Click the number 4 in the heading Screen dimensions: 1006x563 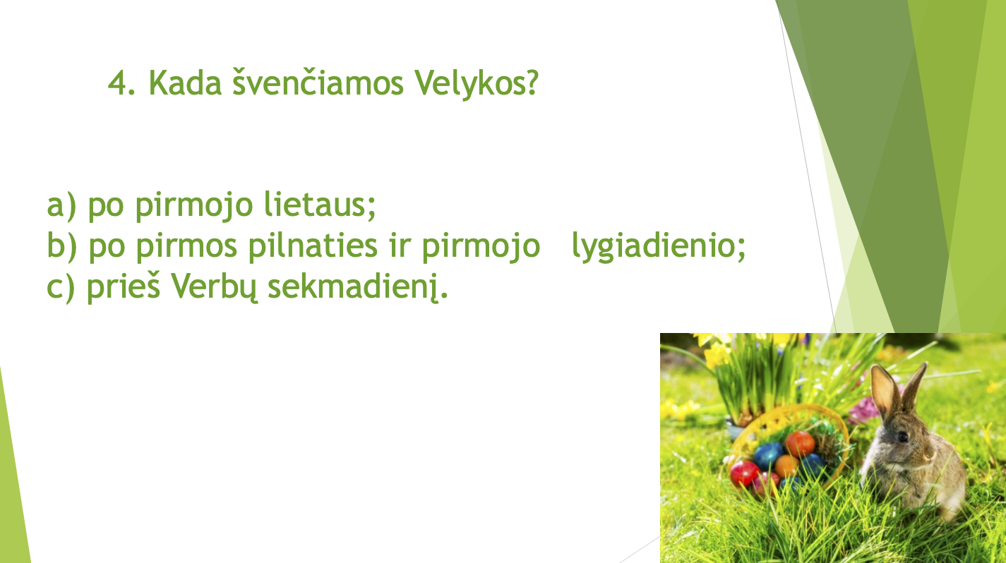point(118,83)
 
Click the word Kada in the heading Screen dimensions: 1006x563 point(185,83)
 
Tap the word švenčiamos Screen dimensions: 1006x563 point(318,83)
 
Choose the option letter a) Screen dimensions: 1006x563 point(61,206)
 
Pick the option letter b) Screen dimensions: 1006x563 point(62,246)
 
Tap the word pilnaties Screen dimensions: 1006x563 point(313,246)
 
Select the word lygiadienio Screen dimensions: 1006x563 point(659,247)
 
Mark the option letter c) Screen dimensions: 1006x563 point(61,287)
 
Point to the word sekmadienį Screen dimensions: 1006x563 point(358,287)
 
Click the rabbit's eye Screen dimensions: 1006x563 point(902,437)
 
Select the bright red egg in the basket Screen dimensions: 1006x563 point(744,473)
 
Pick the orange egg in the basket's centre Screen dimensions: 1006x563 point(786,466)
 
